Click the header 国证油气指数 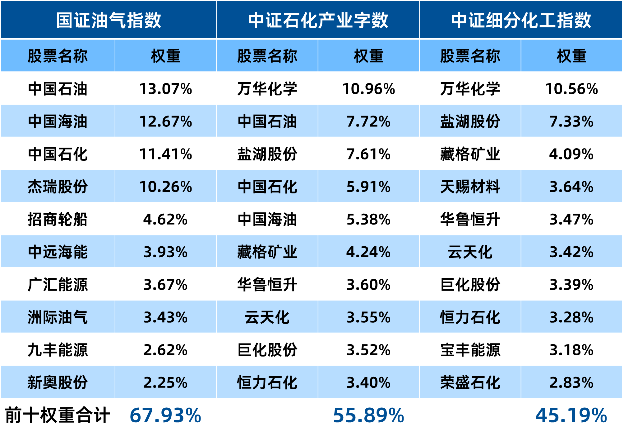[109, 21]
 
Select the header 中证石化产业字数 [318, 21]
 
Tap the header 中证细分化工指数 [521, 21]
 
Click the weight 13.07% [166, 89]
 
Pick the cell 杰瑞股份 [58, 187]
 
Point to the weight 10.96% [368, 89]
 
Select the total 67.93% [165, 415]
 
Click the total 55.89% [368, 415]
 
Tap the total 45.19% [571, 415]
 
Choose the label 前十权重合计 [58, 415]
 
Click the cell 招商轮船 [58, 220]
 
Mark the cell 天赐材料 [470, 187]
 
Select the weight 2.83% [571, 383]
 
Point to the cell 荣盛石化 [470, 383]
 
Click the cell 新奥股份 [58, 383]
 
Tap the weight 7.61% [368, 154]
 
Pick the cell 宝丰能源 [470, 350]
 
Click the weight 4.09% [571, 154]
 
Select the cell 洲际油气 [58, 317]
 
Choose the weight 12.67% [166, 121]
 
